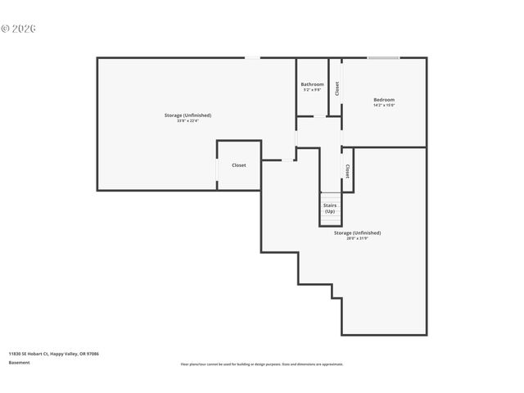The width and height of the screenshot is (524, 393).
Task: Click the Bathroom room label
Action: click(x=312, y=84)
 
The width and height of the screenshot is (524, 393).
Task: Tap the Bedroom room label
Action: click(x=384, y=99)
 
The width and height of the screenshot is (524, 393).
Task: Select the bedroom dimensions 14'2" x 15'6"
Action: click(x=384, y=105)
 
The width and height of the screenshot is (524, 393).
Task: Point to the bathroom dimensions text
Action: click(x=312, y=90)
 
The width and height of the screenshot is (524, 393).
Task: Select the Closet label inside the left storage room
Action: click(x=238, y=165)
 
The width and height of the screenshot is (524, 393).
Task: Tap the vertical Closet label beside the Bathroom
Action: click(x=337, y=88)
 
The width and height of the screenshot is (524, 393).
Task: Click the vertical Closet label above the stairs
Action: click(x=347, y=171)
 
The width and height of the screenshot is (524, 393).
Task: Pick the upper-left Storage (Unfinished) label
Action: click(x=187, y=115)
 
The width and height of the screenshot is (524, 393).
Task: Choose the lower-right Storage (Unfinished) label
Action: click(x=357, y=233)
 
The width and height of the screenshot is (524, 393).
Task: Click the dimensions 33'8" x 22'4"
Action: click(x=187, y=121)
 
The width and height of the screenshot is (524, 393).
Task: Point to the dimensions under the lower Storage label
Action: click(x=357, y=238)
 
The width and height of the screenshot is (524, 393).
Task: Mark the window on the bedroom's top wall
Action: click(x=383, y=57)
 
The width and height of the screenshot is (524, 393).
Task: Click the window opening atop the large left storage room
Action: click(x=253, y=57)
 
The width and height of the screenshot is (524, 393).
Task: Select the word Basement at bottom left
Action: click(x=20, y=362)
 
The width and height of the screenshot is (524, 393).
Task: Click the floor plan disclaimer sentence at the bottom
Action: click(x=262, y=364)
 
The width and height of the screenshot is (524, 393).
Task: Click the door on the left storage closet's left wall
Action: click(x=217, y=165)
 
